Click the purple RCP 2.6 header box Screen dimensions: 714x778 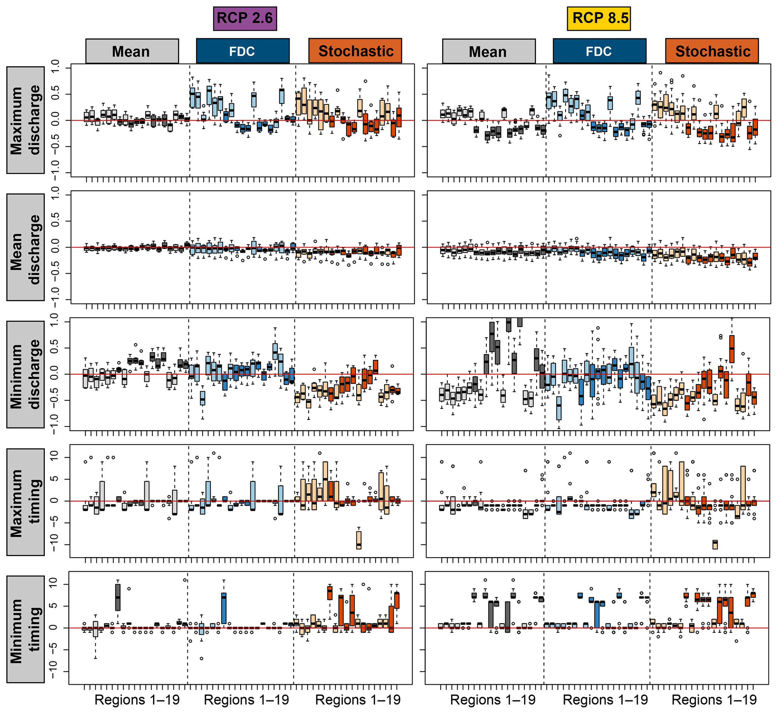245,18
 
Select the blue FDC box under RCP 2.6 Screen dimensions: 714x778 243,51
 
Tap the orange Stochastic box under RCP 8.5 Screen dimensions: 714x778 711,51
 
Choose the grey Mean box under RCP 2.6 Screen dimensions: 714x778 132,51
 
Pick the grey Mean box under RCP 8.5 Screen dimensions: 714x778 489,51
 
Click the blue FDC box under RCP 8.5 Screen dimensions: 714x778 600,51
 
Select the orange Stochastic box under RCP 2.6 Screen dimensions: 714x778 355,51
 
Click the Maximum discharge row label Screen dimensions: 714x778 26,120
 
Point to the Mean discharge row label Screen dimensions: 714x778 26,247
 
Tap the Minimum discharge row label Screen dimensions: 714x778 26,374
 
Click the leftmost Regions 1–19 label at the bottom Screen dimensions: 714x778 137,699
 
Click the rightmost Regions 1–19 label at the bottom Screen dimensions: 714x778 714,699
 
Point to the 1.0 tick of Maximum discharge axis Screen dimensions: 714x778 55,68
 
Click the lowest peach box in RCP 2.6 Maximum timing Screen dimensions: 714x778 359,540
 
